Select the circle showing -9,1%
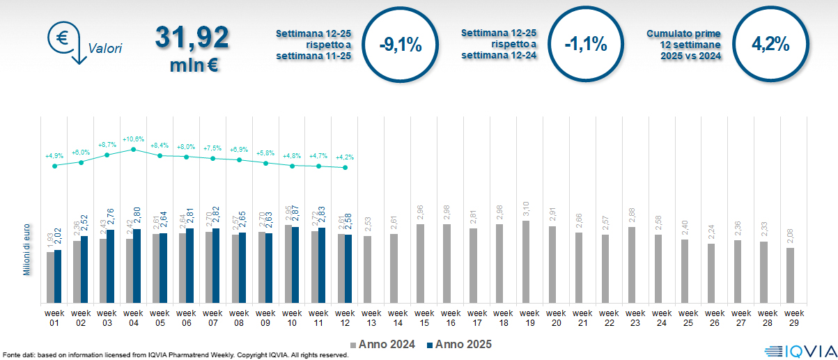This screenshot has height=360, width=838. [401, 45]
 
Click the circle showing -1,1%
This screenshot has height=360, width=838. [585, 45]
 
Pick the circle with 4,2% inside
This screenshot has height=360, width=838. [770, 45]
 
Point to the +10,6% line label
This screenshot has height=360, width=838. [134, 139]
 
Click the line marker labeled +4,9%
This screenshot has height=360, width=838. [54, 166]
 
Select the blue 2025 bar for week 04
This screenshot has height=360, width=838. [137, 266]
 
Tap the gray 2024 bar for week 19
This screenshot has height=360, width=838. [526, 262]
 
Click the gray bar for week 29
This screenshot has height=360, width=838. [790, 275]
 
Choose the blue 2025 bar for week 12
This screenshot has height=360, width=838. [348, 269]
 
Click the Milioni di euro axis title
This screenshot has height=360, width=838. [26, 249]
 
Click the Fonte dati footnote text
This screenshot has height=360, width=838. [174, 355]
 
